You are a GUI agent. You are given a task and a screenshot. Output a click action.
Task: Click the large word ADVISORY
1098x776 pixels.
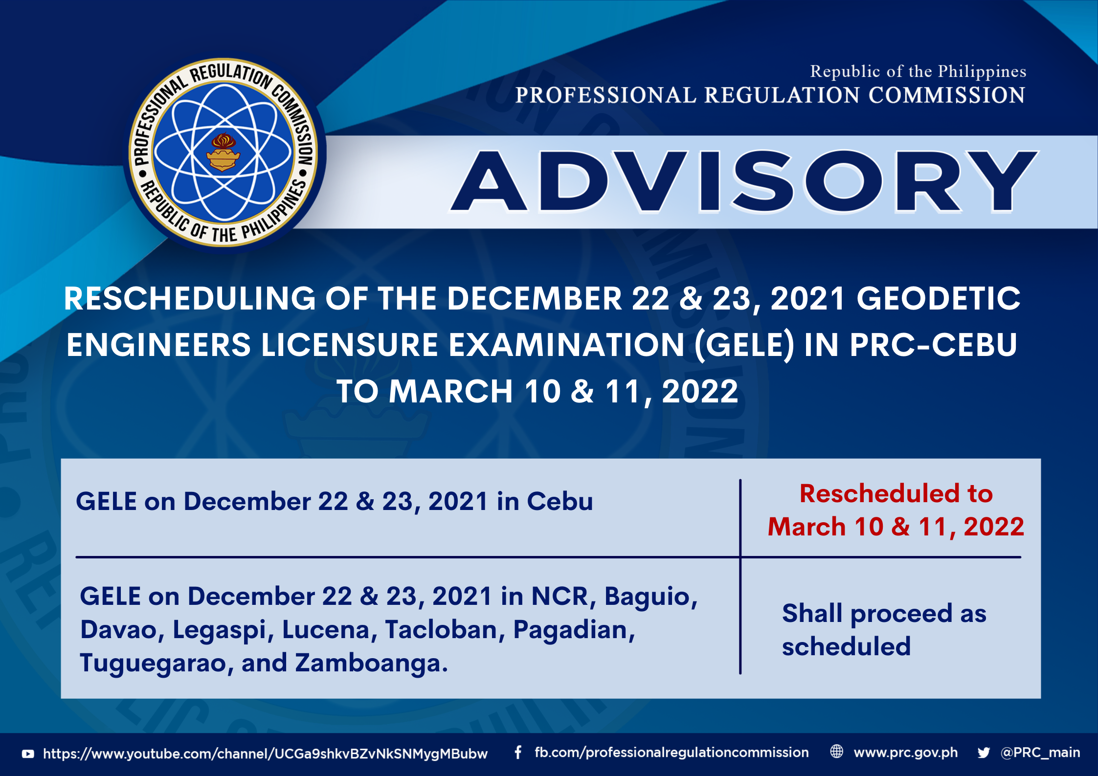point(744,181)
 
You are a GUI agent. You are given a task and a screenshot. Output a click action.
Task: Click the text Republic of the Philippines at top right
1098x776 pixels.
point(918,71)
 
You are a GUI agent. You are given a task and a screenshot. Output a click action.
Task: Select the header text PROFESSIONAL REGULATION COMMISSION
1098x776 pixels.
point(770,95)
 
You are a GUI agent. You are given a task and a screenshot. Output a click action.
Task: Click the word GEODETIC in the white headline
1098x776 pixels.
point(938,298)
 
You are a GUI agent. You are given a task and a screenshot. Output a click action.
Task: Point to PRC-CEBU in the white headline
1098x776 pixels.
point(933,345)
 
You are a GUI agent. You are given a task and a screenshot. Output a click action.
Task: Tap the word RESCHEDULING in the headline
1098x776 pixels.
point(190,298)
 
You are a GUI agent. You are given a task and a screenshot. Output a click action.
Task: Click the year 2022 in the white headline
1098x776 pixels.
point(700,391)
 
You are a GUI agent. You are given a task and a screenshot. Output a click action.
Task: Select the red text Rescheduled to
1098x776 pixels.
point(896,493)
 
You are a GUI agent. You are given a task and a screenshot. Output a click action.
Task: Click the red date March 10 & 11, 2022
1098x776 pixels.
point(896,527)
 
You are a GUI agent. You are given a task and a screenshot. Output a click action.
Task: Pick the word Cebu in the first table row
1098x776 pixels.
point(560,501)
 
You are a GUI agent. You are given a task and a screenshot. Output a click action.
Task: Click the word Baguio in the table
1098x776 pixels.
point(651,597)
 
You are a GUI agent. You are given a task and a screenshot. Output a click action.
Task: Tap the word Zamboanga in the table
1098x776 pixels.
point(371,664)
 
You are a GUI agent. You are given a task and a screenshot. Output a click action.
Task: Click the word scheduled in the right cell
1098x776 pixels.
point(846,646)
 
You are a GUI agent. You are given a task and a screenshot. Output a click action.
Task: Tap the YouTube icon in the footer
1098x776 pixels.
point(28,754)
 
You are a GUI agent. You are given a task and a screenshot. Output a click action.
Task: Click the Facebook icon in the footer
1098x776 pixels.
point(518,753)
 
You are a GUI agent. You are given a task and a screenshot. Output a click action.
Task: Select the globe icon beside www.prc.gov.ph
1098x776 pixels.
point(837,752)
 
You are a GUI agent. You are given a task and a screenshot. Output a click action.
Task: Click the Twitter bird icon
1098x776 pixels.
point(984,753)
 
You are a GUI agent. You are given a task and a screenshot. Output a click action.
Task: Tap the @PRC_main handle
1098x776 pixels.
point(1040,753)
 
